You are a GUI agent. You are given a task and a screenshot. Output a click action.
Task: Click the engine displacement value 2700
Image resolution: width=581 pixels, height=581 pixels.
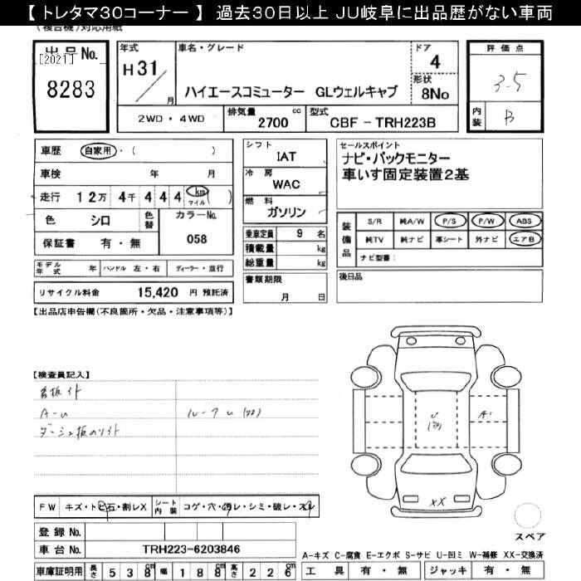(x=274, y=122)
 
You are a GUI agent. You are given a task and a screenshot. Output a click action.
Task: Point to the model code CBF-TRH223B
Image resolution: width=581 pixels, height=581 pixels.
(x=382, y=122)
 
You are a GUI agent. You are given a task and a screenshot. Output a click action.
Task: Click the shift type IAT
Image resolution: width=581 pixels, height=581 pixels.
(x=286, y=154)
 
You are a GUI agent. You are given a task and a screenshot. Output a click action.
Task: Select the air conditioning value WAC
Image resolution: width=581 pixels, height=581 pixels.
(x=286, y=184)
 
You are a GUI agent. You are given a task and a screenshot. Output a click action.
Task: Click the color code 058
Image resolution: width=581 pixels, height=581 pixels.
(x=197, y=238)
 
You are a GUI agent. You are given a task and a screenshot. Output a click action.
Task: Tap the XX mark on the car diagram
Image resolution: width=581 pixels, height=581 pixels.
(x=438, y=500)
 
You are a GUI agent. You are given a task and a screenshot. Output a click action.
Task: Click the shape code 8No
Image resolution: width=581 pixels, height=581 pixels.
(x=434, y=94)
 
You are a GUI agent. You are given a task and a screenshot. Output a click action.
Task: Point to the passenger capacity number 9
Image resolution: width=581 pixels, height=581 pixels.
(x=299, y=234)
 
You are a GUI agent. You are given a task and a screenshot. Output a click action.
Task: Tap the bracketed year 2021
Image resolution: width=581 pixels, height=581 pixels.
(x=56, y=59)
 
